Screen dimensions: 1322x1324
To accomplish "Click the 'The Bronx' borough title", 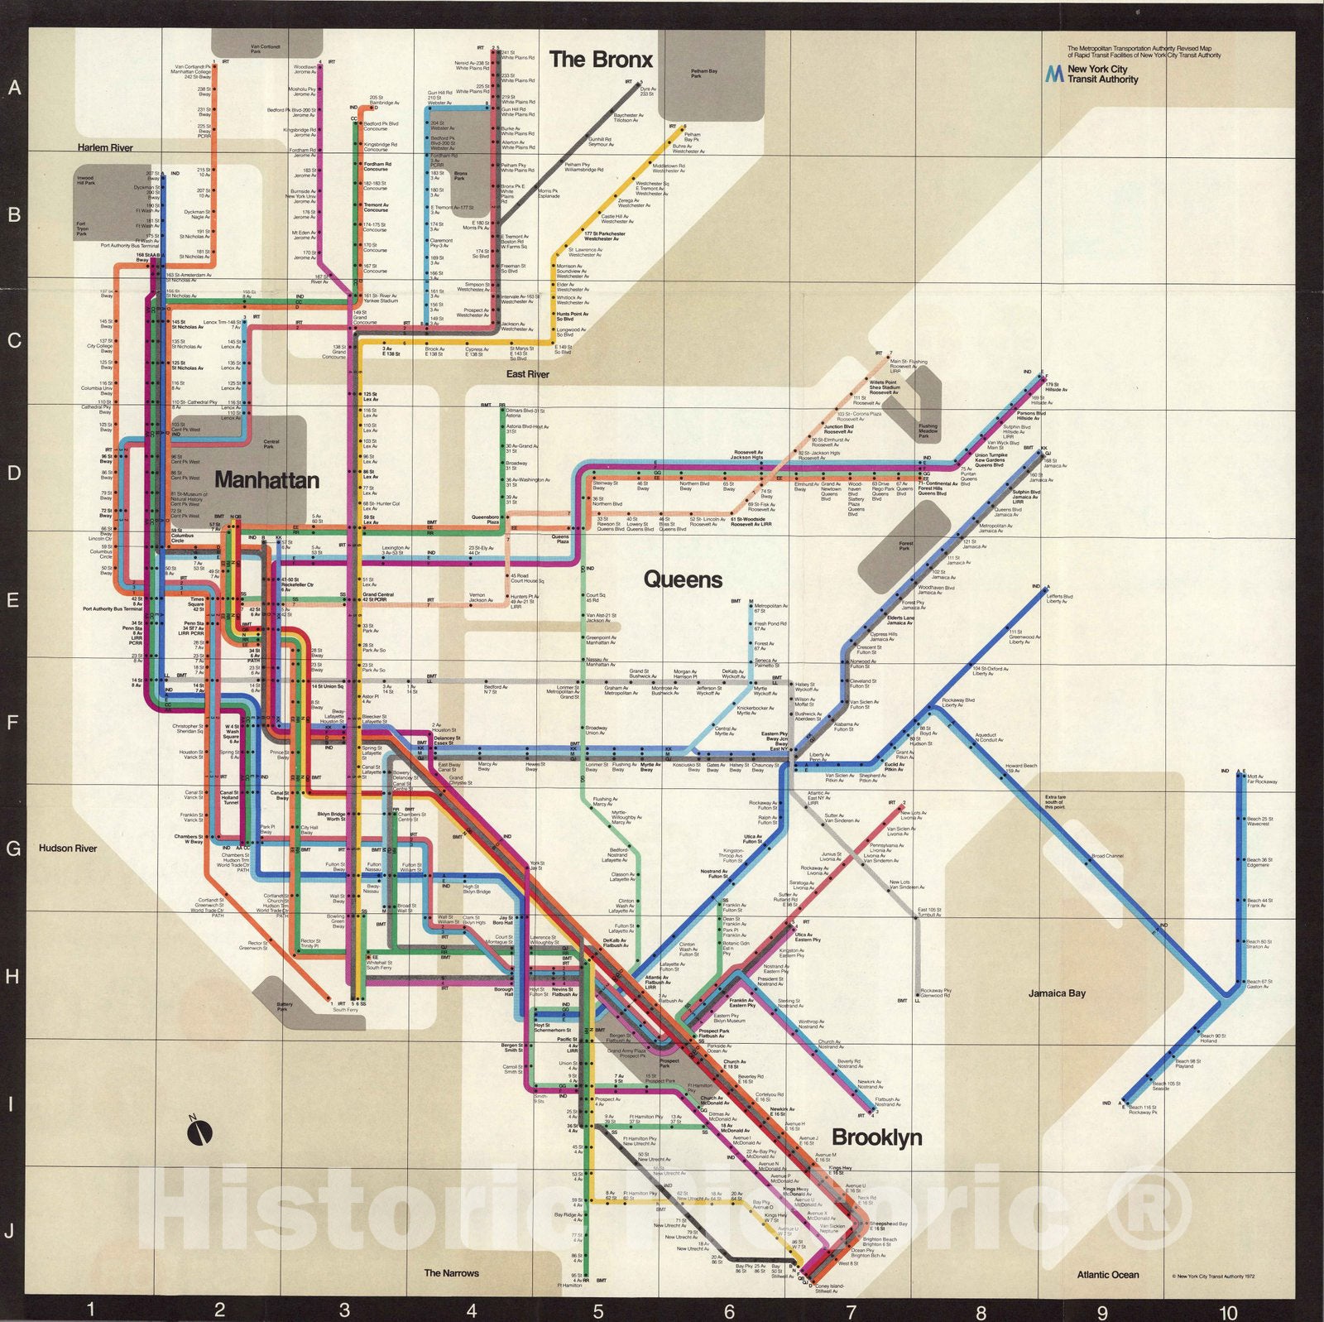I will [601, 60].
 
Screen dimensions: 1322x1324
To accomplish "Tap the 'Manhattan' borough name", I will [266, 480].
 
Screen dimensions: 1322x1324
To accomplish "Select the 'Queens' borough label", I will [683, 579].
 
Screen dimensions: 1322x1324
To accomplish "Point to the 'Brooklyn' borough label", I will [876, 1137].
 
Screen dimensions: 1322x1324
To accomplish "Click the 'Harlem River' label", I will [105, 147].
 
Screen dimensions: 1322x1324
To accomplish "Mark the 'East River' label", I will [527, 374].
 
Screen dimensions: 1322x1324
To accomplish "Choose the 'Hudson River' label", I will [68, 848].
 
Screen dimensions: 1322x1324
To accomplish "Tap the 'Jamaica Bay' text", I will [1057, 993].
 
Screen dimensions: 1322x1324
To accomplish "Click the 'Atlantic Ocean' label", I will [1107, 1275].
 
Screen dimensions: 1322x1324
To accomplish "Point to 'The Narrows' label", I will [451, 1273].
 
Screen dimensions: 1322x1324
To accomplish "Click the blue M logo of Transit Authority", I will [1053, 74].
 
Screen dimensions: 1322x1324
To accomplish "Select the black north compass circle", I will [200, 1133].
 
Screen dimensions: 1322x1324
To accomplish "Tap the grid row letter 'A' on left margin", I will [14, 88].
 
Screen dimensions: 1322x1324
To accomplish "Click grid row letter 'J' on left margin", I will [10, 1231].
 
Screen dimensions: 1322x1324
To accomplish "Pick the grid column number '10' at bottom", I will [1228, 1312].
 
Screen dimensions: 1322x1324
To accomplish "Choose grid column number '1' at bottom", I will [91, 1310].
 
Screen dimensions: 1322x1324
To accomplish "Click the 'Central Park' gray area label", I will [271, 445].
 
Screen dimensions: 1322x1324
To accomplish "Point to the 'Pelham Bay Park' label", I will [704, 74].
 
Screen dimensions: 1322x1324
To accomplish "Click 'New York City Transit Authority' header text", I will [1102, 75].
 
